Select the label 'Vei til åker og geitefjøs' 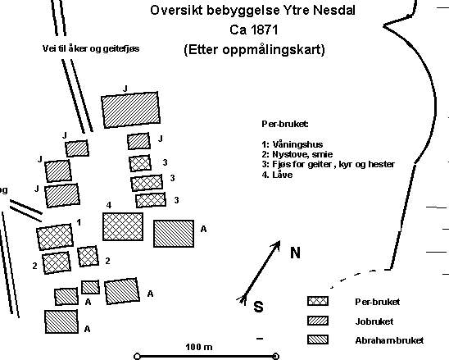(91, 48)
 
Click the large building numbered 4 (123, 226)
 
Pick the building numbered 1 (55, 237)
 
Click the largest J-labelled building (130, 110)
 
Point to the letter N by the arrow (295, 253)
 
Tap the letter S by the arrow (258, 307)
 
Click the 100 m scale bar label (199, 347)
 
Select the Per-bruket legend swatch (318, 301)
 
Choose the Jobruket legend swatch (318, 321)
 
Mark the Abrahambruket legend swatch (318, 339)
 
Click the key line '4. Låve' (277, 175)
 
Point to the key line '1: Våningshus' (293, 144)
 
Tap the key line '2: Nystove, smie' (297, 154)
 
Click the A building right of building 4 (174, 234)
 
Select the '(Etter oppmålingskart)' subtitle (255, 49)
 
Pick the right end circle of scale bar (275, 356)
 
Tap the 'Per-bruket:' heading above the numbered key (285, 124)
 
